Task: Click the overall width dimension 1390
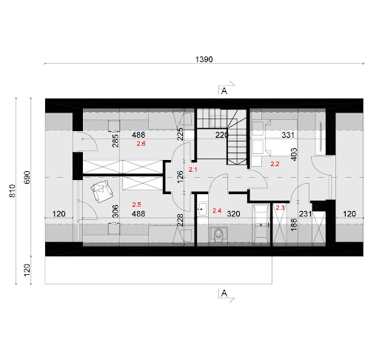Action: click(x=204, y=59)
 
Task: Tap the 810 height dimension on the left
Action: click(x=12, y=190)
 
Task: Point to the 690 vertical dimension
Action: click(x=27, y=177)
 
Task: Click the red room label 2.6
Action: click(x=141, y=144)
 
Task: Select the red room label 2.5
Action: click(x=136, y=204)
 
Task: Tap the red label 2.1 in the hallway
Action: click(x=193, y=170)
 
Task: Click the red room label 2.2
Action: click(x=275, y=164)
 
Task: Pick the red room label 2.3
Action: click(x=281, y=207)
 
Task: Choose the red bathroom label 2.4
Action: click(x=217, y=210)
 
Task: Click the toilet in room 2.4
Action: click(x=218, y=235)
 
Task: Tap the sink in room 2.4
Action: click(x=203, y=209)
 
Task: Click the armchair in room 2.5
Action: click(x=102, y=191)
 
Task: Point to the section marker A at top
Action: click(x=224, y=91)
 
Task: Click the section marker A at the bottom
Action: click(x=224, y=293)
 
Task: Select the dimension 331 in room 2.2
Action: click(x=288, y=135)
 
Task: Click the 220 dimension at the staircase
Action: click(x=221, y=135)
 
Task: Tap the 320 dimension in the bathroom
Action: click(x=233, y=213)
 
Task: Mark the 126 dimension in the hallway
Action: click(x=180, y=177)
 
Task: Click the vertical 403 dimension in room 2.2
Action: click(x=294, y=154)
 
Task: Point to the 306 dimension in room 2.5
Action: click(x=115, y=211)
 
